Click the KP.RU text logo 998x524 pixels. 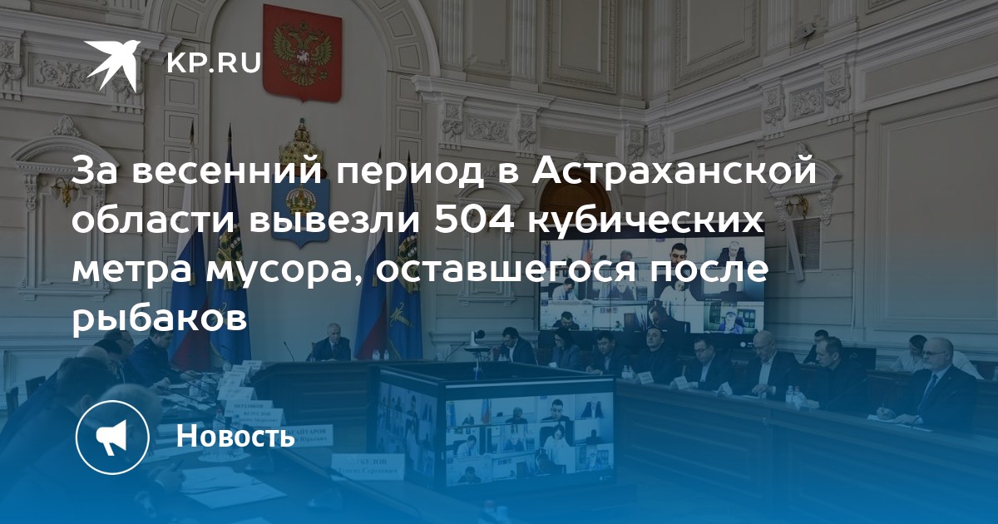point(214,63)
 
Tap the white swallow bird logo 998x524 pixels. point(112,65)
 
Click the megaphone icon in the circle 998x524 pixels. point(112,437)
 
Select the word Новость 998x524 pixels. point(235,435)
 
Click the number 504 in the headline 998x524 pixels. point(474,220)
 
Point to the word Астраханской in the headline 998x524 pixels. point(669,171)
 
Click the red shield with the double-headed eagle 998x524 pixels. point(302,52)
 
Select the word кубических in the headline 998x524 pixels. point(646,220)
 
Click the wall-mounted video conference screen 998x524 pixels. point(652,285)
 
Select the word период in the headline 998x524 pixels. point(410,172)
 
